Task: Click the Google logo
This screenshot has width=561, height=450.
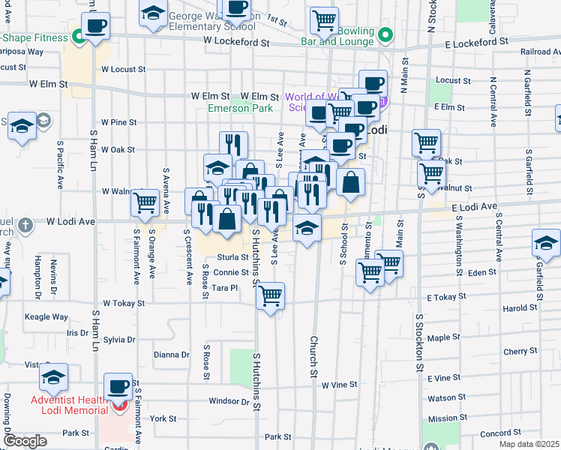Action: (x=25, y=441)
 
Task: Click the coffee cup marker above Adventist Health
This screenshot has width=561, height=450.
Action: (x=118, y=386)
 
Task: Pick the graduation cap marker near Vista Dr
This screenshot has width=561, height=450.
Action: (x=53, y=377)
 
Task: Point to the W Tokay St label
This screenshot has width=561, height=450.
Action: (x=124, y=303)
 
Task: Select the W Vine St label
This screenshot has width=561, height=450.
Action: (x=339, y=385)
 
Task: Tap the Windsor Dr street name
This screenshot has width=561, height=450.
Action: (x=228, y=401)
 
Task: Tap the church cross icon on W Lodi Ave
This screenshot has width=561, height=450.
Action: (x=25, y=223)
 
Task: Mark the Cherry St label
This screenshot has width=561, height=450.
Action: (x=516, y=351)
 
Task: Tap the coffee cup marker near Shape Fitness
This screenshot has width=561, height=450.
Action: (x=95, y=27)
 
